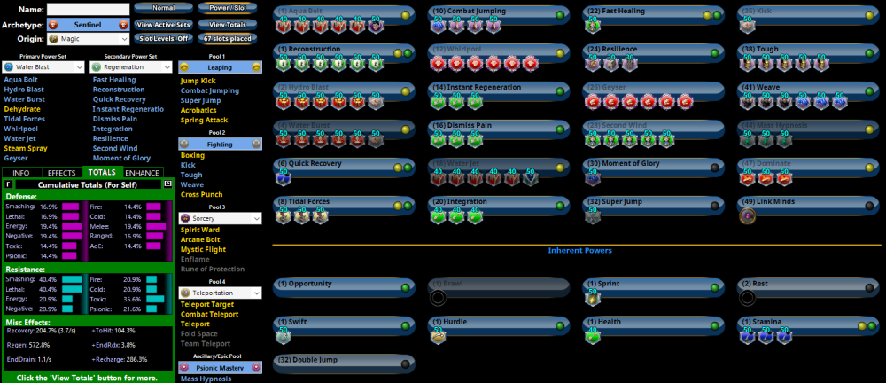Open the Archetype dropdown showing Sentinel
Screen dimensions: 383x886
click(x=87, y=24)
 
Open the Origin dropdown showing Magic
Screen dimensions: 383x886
click(x=87, y=39)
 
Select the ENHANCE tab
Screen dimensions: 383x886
click(x=143, y=172)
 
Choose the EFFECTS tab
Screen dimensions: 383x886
click(x=61, y=172)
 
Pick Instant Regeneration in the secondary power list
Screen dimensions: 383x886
click(x=128, y=109)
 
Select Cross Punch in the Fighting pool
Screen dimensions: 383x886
click(x=201, y=193)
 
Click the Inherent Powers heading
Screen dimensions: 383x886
click(x=579, y=250)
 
